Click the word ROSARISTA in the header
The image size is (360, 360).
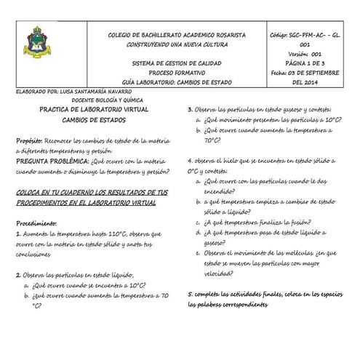[225, 35]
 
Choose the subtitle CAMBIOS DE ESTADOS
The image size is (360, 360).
[91, 120]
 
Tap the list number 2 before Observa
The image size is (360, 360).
[18, 276]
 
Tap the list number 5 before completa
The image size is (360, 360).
[190, 293]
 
